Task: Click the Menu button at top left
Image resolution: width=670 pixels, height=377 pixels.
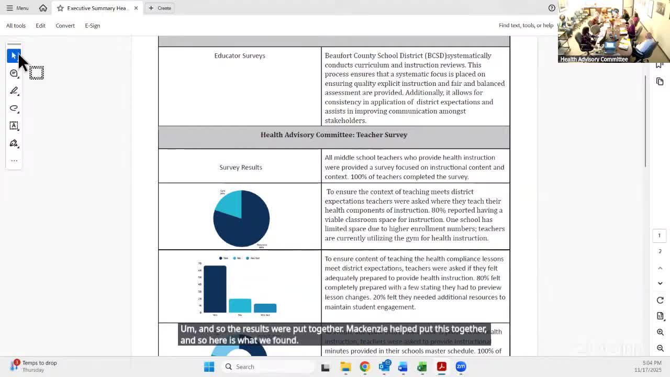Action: (x=17, y=8)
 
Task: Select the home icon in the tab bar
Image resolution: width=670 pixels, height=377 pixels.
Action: (x=43, y=8)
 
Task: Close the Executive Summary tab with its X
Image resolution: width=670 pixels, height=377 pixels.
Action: (x=136, y=8)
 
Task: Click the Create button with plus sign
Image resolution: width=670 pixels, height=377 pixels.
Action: (x=160, y=8)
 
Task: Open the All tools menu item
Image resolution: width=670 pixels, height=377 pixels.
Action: (x=16, y=25)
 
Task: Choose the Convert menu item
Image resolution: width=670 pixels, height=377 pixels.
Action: (x=65, y=25)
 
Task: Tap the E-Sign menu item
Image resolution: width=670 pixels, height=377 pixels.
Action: (x=92, y=25)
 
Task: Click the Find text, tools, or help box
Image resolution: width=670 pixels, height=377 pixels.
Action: (x=526, y=25)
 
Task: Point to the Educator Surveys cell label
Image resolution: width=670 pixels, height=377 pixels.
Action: (x=240, y=56)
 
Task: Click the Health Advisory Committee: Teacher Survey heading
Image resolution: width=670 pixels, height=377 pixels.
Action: (x=334, y=135)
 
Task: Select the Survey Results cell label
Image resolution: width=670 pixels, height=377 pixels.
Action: (x=241, y=167)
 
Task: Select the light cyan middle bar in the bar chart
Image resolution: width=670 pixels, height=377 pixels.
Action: (x=240, y=306)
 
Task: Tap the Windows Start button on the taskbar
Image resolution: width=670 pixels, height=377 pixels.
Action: (x=209, y=367)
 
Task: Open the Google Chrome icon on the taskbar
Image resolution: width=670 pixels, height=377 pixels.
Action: (x=365, y=367)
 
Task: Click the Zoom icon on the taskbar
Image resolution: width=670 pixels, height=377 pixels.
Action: (x=461, y=367)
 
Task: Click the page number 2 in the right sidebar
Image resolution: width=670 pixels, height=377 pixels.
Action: (x=660, y=251)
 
